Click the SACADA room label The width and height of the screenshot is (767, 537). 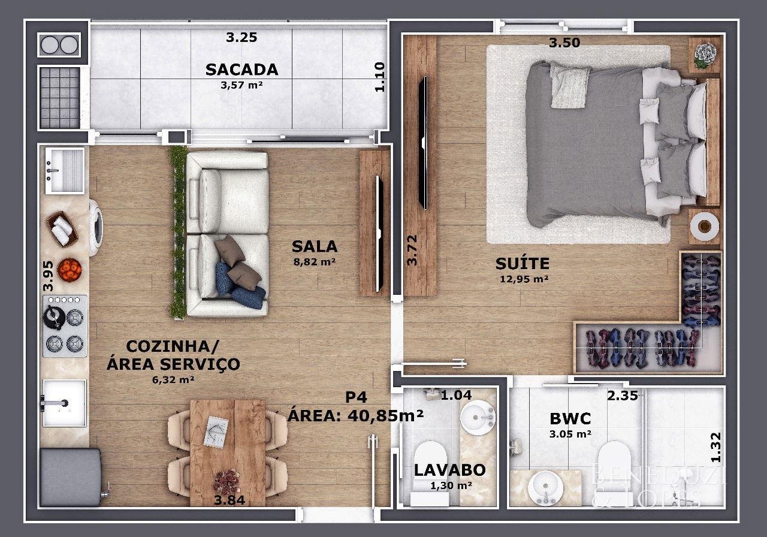(x=241, y=70)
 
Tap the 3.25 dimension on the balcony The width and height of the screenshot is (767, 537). (x=241, y=37)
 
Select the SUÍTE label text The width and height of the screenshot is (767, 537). (x=522, y=263)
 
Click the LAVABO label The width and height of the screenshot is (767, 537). (x=450, y=470)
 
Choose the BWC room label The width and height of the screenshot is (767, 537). (x=570, y=418)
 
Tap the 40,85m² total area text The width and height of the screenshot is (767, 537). (x=385, y=416)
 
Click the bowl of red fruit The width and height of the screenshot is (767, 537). (x=70, y=270)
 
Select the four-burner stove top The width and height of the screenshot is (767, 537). (x=65, y=326)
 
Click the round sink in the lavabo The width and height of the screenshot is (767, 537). (x=478, y=417)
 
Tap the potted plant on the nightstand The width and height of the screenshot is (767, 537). (x=705, y=55)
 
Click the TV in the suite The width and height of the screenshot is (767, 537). (x=424, y=143)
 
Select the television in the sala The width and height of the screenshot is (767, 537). (x=379, y=234)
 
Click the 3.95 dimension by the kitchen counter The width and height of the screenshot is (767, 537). (x=49, y=276)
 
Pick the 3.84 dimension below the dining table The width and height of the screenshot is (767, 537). (x=230, y=500)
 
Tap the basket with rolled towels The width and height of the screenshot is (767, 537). (x=62, y=229)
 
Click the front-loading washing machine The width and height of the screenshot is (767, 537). (x=96, y=228)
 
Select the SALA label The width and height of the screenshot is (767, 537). (x=315, y=246)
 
